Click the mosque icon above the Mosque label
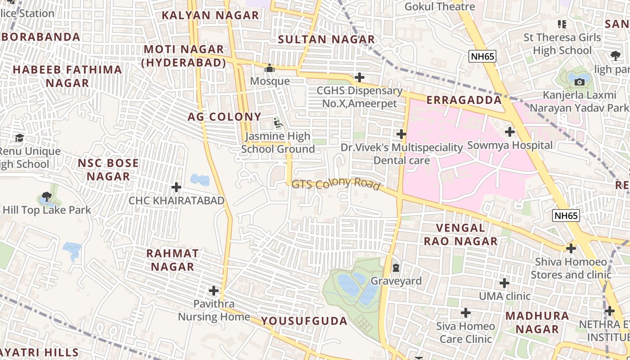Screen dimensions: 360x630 (x=270, y=68)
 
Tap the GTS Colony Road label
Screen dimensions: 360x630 (x=336, y=184)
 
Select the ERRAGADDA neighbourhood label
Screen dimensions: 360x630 (x=463, y=100)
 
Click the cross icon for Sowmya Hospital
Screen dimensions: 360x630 (x=509, y=132)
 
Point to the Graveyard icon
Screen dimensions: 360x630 (x=396, y=268)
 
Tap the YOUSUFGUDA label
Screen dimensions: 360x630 (x=304, y=321)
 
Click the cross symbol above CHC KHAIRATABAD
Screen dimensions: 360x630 (x=176, y=187)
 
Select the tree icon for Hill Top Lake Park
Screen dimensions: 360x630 (x=46, y=196)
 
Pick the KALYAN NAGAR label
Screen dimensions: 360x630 (x=210, y=15)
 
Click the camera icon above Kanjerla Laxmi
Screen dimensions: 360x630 (x=579, y=81)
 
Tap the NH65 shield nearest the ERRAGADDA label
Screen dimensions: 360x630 (x=482, y=56)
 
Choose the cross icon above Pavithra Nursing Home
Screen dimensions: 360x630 (x=214, y=290)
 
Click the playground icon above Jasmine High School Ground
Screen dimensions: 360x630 (x=278, y=122)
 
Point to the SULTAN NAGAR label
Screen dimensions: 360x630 (x=326, y=40)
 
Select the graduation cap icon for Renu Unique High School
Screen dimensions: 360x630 (x=19, y=137)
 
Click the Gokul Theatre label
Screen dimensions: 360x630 (x=440, y=6)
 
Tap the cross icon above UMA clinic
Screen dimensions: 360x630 (x=504, y=283)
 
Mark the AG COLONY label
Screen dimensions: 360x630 (x=224, y=117)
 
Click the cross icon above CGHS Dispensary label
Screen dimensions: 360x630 (x=359, y=77)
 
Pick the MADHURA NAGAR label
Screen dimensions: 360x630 (x=537, y=322)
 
